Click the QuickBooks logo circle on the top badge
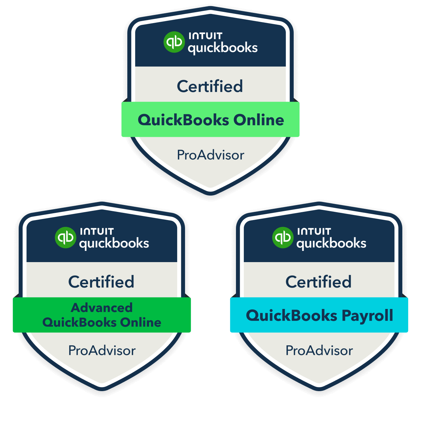tap(174, 42)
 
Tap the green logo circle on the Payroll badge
tap(282, 238)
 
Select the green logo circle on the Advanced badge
tap(65, 238)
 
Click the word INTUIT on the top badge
tap(205, 36)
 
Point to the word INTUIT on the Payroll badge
tap(314, 231)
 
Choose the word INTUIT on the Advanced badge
tap(97, 231)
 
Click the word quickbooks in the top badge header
tap(223, 48)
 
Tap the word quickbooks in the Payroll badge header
tap(331, 243)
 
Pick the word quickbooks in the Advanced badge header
tap(114, 243)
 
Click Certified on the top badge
tap(210, 86)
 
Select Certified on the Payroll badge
tap(318, 282)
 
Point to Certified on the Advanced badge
tap(101, 282)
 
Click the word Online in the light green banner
tap(259, 120)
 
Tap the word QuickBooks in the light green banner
tap(183, 120)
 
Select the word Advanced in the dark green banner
tap(102, 308)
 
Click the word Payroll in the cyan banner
tap(367, 316)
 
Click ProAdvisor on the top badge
tap(210, 155)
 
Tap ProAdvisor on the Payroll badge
tap(319, 351)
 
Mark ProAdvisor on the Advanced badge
tap(102, 351)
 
